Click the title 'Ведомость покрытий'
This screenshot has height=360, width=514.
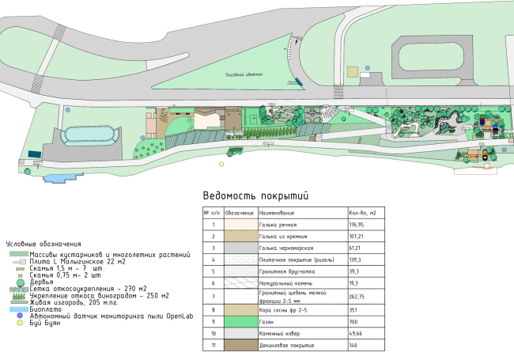tap(255, 195)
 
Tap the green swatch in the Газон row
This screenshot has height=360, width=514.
tap(239, 323)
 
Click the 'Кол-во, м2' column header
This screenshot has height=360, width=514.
tap(361, 213)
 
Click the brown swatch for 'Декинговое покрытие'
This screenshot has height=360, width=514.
tap(239, 346)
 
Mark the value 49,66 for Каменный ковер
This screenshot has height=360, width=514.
tap(356, 335)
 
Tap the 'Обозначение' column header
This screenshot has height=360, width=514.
tap(239, 213)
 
